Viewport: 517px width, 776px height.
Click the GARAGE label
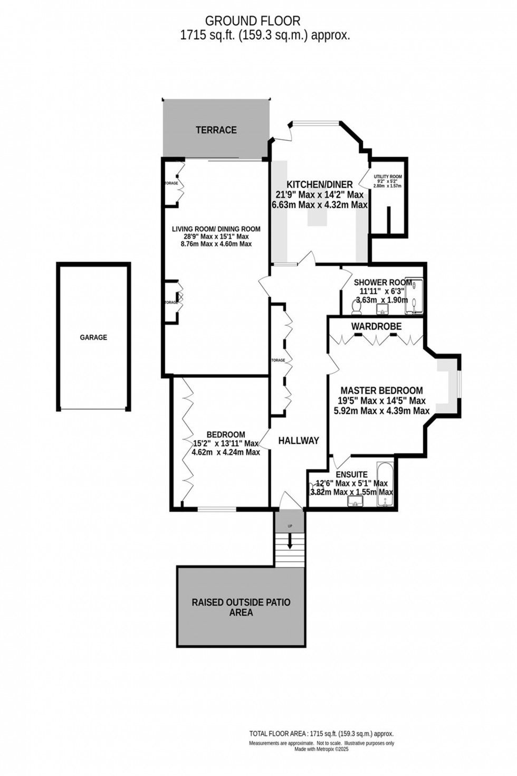(x=93, y=337)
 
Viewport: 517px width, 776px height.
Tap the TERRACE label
(x=216, y=130)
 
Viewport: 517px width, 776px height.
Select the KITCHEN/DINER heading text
(x=319, y=184)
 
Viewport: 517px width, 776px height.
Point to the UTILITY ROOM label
(x=388, y=177)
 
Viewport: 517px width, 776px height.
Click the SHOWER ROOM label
(x=382, y=282)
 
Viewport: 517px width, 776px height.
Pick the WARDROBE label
(x=376, y=327)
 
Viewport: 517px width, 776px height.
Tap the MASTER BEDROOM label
(x=381, y=391)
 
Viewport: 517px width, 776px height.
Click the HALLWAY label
(x=299, y=440)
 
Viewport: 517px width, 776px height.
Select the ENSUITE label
(x=352, y=475)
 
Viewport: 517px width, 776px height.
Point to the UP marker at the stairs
(x=290, y=526)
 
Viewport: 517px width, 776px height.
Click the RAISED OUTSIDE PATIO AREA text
(x=241, y=608)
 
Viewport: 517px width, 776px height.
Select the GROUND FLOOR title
(x=253, y=21)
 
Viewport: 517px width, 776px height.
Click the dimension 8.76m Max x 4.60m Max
(x=216, y=244)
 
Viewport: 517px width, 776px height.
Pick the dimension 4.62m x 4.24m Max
(x=226, y=452)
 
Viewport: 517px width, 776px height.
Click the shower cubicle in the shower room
(x=416, y=294)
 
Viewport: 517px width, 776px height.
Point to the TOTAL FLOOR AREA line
(x=321, y=734)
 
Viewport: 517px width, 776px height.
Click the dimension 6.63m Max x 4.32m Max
(x=319, y=205)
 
